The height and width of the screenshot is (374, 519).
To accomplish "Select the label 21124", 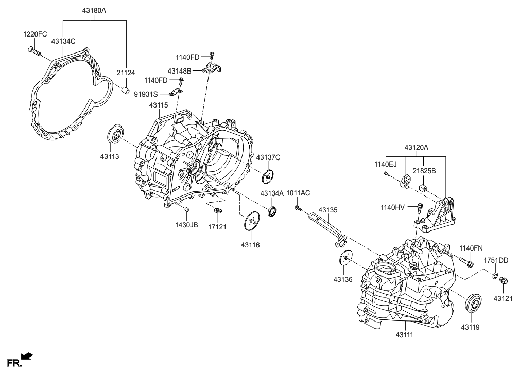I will [125, 73].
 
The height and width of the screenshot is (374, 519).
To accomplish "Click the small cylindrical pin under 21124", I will [125, 92].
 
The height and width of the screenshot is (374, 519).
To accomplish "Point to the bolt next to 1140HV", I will [419, 208].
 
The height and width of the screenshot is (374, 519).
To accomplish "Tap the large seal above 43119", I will [474, 302].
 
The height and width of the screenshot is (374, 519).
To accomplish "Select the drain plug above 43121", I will [504, 281].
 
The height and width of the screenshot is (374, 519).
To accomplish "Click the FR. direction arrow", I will [27, 355].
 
